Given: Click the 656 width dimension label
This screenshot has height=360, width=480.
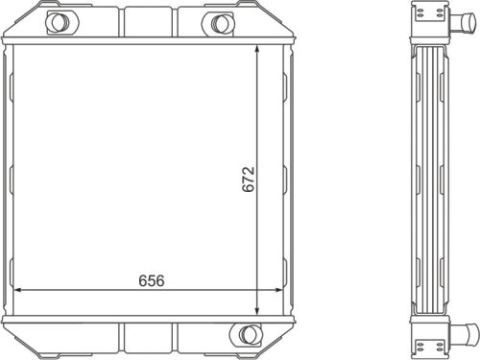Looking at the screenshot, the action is (x=152, y=280).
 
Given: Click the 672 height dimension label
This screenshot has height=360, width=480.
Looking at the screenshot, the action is (x=249, y=180).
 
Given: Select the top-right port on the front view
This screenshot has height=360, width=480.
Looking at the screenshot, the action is (x=218, y=22).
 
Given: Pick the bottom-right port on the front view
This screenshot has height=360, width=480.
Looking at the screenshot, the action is (x=246, y=334).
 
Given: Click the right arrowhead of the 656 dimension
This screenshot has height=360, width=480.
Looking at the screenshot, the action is (x=279, y=290).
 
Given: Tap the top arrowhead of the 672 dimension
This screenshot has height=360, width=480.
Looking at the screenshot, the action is (x=256, y=49).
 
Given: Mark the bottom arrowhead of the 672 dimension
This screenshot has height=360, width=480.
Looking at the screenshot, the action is (x=256, y=311).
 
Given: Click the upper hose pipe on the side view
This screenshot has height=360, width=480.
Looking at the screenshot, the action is (x=463, y=22).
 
